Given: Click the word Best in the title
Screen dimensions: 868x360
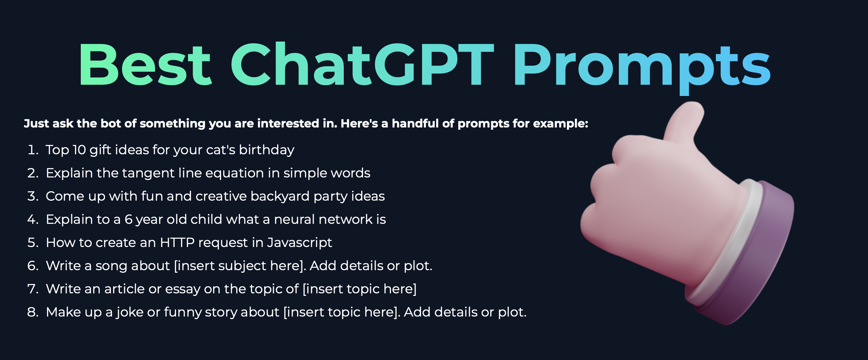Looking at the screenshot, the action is click(145, 64).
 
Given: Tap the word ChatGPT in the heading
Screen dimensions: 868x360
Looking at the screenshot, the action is click(363, 64).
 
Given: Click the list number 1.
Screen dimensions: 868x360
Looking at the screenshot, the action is click(33, 150).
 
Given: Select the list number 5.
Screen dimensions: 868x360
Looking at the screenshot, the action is click(33, 243).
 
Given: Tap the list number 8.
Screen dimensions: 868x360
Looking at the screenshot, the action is click(33, 312).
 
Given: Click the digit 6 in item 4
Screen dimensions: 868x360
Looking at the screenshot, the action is click(129, 219).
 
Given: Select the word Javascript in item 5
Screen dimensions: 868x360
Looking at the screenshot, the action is click(299, 243).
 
